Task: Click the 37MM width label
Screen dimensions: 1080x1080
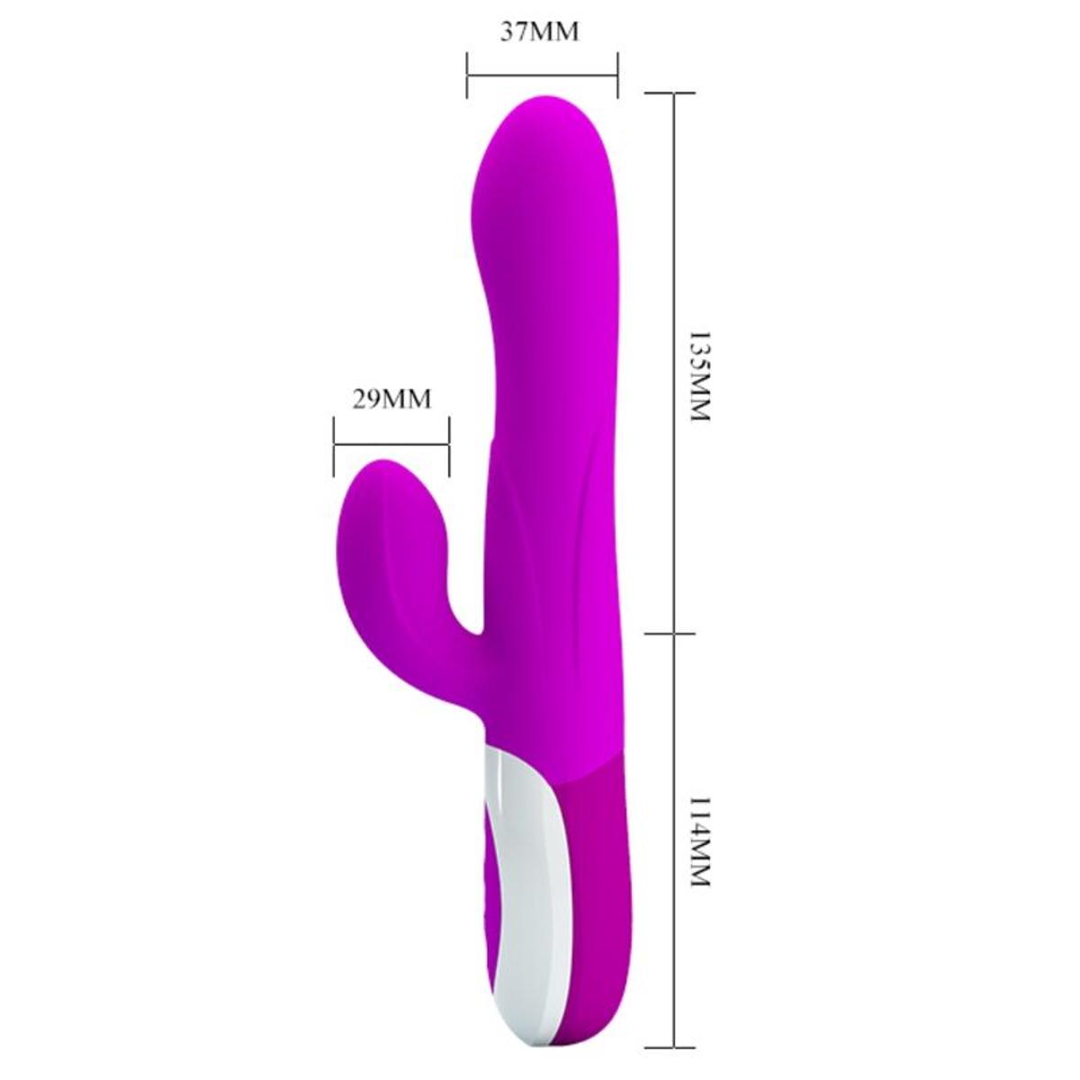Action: click(x=539, y=32)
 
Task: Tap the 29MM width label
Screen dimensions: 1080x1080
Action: click(x=391, y=399)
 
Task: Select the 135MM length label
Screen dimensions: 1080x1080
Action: click(x=698, y=378)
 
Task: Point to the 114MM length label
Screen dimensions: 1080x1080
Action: click(x=698, y=841)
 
